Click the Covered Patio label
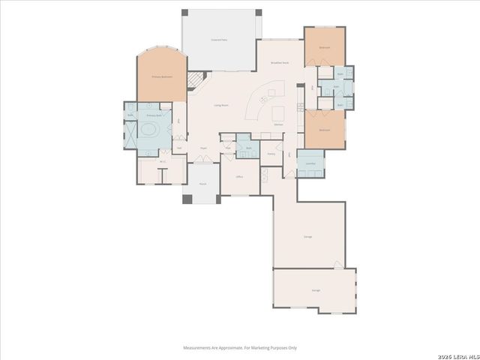[220, 40]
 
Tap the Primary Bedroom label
[161, 76]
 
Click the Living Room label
[220, 106]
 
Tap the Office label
[239, 176]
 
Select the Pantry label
[271, 152]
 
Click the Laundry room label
[310, 163]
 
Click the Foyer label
[202, 148]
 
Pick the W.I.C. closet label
[162, 161]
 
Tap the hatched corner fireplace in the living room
[194, 79]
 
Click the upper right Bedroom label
[325, 47]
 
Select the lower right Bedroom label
[324, 130]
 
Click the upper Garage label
[307, 236]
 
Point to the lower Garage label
[316, 289]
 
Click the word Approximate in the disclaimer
[226, 347]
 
